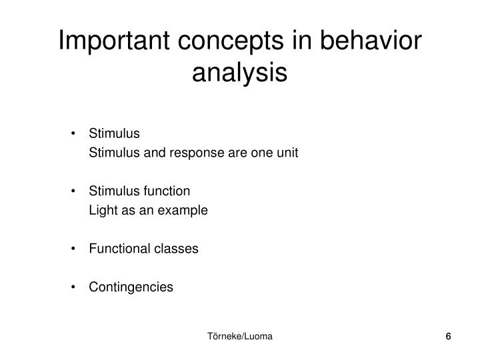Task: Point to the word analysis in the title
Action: coord(240,72)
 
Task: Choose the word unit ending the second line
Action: coord(287,153)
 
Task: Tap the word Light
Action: coord(101,211)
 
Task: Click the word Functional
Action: coord(115,249)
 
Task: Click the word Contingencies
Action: coord(131,287)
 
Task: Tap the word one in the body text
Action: coord(255,153)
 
